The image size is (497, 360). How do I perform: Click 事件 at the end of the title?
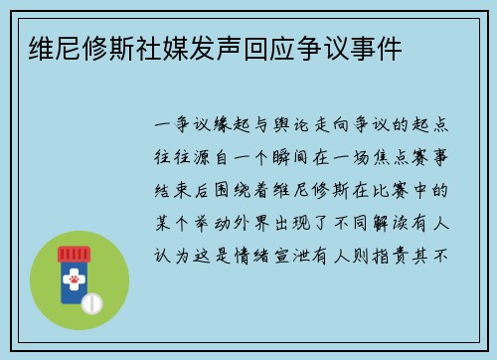372,48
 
